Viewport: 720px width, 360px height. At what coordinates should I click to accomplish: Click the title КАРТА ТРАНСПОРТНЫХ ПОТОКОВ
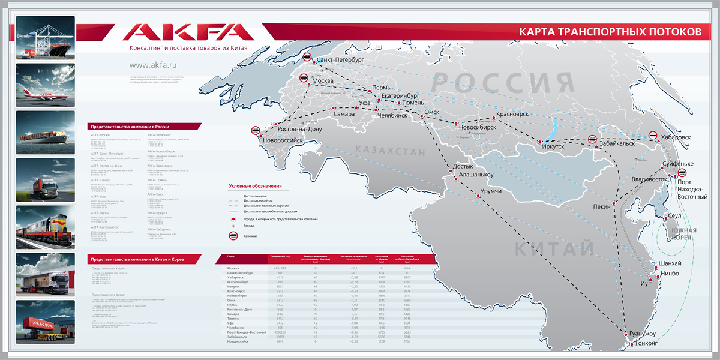pyautogui.click(x=609, y=32)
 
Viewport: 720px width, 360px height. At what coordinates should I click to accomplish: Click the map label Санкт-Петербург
pyautogui.click(x=340, y=61)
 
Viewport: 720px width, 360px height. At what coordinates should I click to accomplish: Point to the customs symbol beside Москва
pyautogui.click(x=304, y=78)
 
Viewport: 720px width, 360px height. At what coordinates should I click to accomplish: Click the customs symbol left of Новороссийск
pyautogui.click(x=256, y=131)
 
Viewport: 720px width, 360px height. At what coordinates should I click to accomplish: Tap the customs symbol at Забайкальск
pyautogui.click(x=593, y=139)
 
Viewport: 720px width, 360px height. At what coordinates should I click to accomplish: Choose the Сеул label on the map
pyautogui.click(x=675, y=216)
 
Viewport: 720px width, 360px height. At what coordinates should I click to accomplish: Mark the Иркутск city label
pyautogui.click(x=553, y=146)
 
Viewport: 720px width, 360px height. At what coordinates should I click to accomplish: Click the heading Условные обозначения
pyautogui.click(x=255, y=186)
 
